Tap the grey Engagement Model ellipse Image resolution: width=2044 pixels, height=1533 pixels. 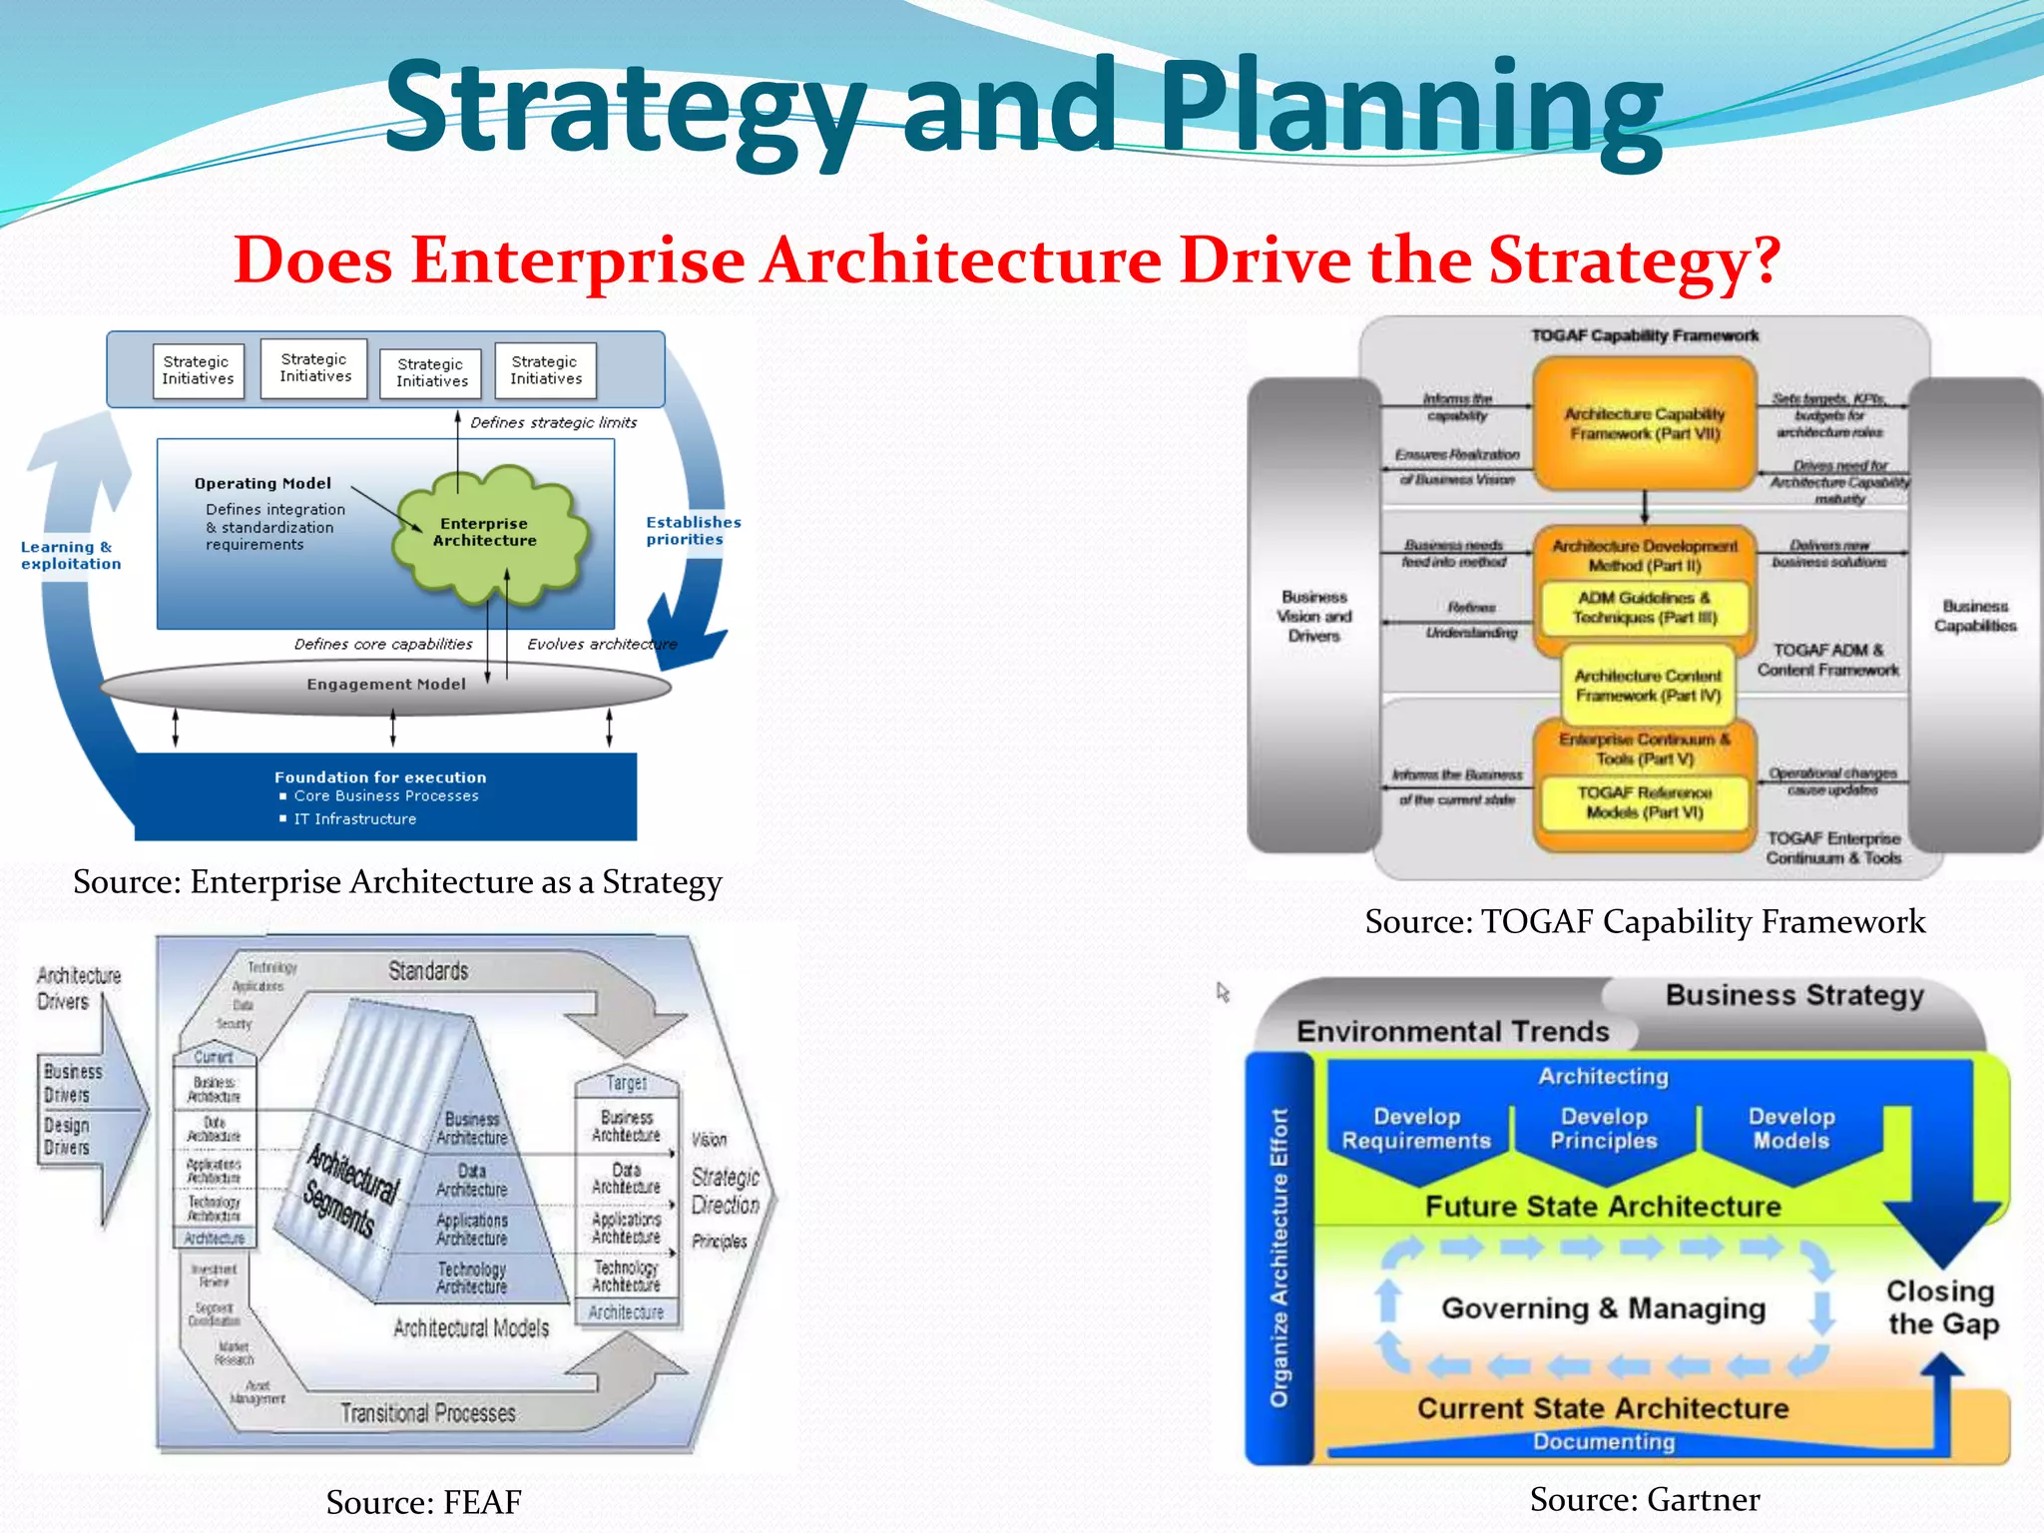386,685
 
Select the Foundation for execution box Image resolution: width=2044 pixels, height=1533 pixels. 385,796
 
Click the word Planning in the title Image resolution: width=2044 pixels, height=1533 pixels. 1409,108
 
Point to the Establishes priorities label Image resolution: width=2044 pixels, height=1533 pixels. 693,530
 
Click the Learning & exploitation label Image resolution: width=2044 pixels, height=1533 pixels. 71,555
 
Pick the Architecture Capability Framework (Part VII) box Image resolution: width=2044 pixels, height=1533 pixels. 1644,423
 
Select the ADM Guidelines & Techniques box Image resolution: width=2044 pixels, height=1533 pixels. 1644,607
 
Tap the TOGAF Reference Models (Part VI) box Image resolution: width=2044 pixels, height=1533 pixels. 1644,802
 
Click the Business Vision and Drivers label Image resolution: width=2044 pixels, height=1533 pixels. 1313,616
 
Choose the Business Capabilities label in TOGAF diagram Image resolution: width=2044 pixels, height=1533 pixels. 1974,616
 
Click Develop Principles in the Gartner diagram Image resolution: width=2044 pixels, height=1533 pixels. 1603,1129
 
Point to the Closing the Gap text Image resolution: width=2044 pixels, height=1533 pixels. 1941,1307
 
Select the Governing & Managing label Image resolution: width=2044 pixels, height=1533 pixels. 1603,1308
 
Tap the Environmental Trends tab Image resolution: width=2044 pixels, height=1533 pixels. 1452,1031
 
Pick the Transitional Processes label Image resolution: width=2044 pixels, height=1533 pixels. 428,1413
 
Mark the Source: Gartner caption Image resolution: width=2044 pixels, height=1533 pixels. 1644,1499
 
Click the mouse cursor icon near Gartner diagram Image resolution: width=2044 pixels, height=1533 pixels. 1223,992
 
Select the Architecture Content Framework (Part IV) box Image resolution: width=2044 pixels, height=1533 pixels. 1648,686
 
